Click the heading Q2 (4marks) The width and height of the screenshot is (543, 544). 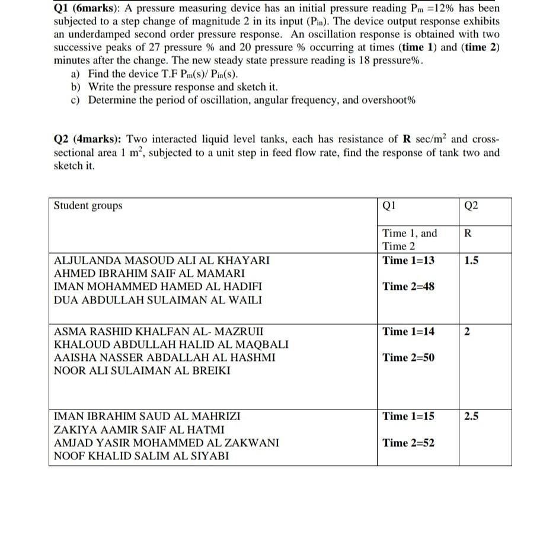tap(88, 139)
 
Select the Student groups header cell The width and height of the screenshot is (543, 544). tap(88, 206)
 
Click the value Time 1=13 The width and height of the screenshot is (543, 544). tap(408, 260)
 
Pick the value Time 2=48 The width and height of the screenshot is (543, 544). tap(408, 286)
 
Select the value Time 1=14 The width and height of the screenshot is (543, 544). tap(408, 331)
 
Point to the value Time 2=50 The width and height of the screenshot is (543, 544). tap(408, 357)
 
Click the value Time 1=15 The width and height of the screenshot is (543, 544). tap(408, 416)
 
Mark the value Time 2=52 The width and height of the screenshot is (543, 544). tap(408, 443)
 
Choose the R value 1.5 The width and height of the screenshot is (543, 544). tap(472, 260)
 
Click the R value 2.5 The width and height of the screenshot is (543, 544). tap(472, 416)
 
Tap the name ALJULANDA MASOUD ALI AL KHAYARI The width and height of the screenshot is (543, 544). tap(161, 260)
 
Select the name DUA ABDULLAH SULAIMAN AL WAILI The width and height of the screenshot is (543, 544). tap(158, 300)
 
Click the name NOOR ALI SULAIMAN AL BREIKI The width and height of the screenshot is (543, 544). tap(142, 371)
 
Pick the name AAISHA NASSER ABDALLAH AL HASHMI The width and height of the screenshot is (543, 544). tap(164, 358)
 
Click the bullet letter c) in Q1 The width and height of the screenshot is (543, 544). tap(75, 100)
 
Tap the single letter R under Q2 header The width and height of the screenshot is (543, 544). tap(468, 233)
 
